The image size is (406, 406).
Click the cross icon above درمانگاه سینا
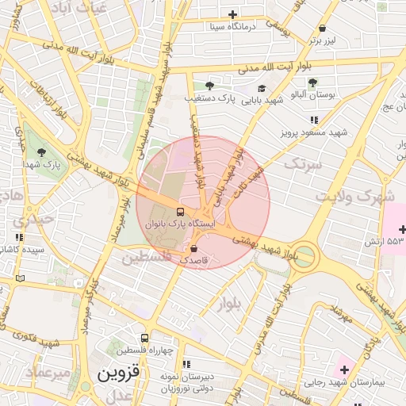point(232,14)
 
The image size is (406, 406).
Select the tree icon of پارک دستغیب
point(209,86)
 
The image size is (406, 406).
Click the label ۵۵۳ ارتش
point(386,240)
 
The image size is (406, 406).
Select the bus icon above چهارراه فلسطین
point(144,338)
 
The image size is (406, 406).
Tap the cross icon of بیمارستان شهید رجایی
point(344,370)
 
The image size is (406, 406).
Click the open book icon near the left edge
point(20,278)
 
